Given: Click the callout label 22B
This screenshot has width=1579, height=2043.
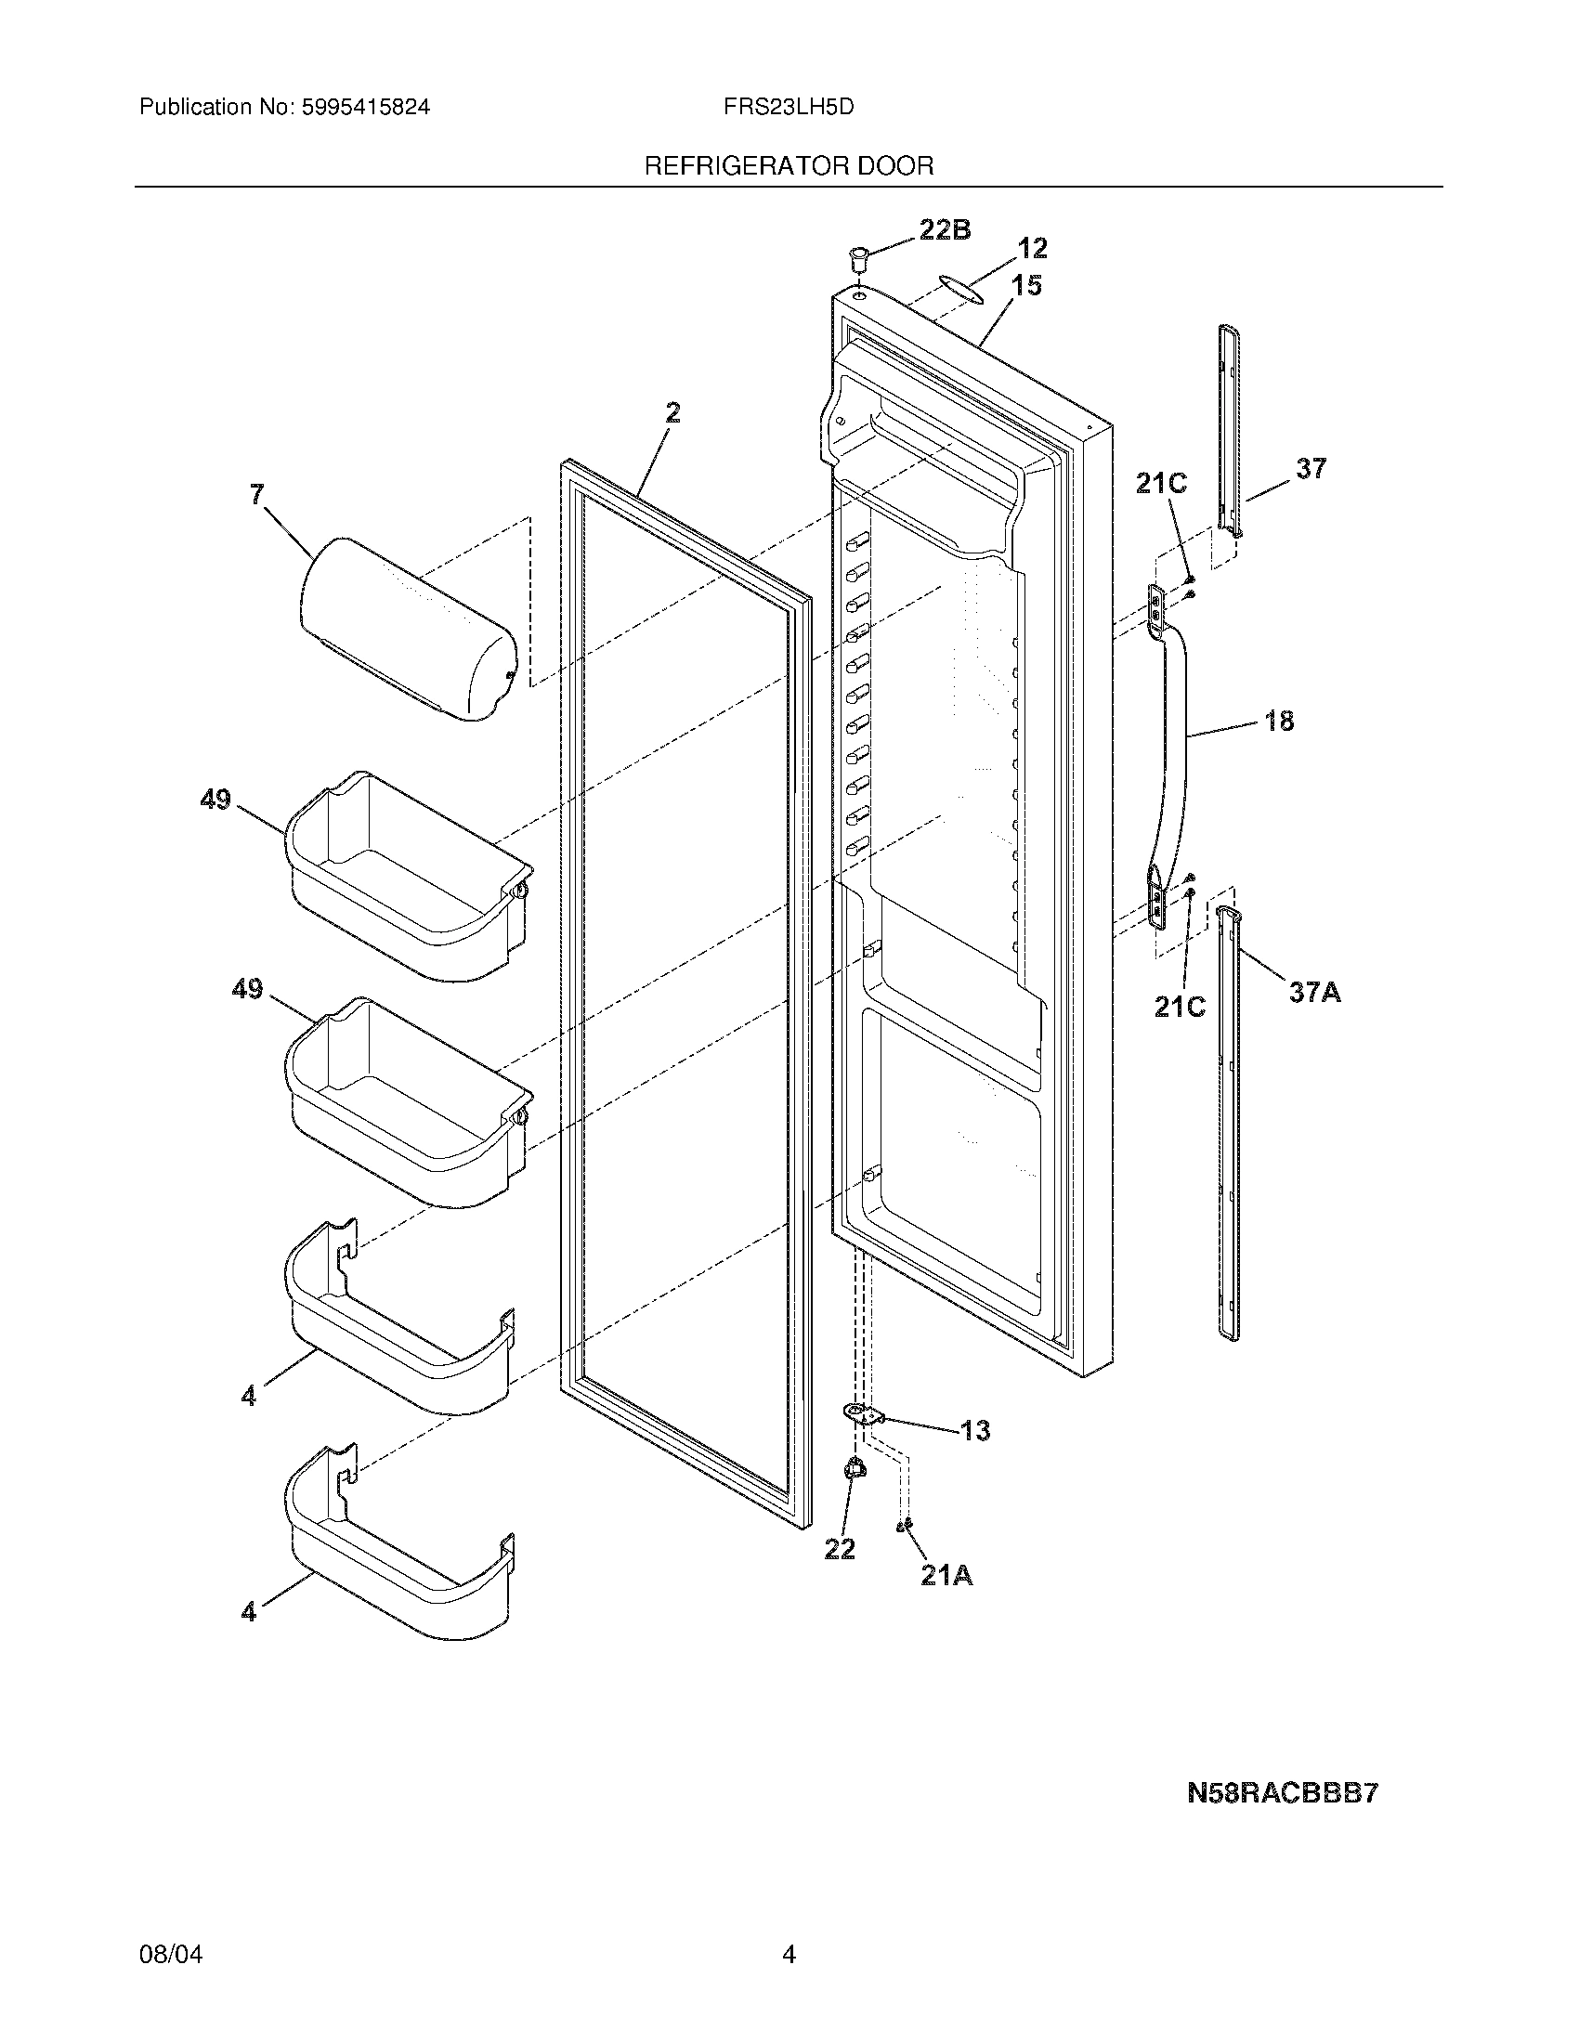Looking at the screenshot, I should (944, 230).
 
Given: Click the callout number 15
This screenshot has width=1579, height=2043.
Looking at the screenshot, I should (1026, 285).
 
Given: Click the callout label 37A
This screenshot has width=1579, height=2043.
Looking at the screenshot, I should (1314, 993).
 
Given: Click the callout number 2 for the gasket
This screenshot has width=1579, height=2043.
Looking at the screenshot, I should (672, 412).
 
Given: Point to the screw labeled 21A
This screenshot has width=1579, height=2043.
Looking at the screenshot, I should (904, 1526).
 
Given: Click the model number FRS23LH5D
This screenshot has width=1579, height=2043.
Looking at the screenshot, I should (788, 107).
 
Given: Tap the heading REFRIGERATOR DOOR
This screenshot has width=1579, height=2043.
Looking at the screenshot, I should (789, 166).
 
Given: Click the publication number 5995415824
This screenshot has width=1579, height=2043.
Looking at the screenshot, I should (366, 107).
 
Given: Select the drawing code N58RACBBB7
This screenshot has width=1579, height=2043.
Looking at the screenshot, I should (1283, 1793).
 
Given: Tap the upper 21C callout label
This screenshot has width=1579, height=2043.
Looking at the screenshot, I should (1161, 484).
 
